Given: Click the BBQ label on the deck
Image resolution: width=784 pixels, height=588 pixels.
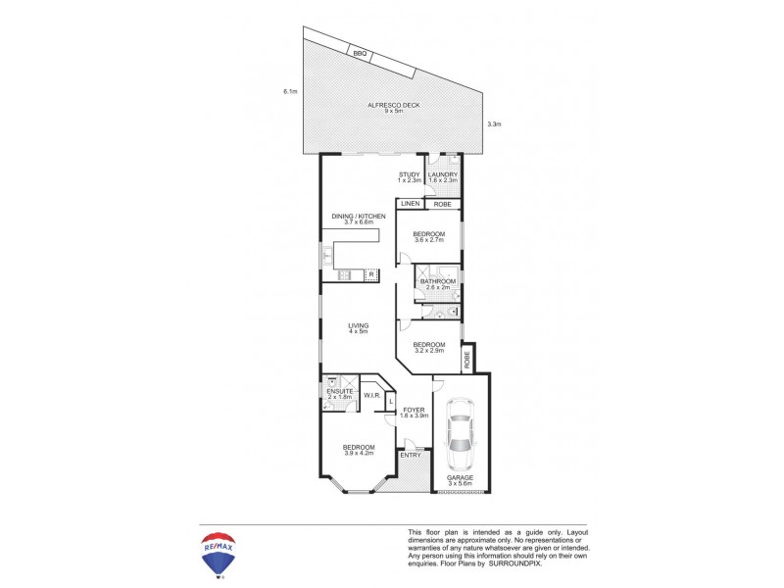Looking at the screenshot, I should tap(360, 54).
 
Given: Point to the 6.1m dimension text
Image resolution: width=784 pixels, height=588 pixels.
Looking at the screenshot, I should tap(289, 92).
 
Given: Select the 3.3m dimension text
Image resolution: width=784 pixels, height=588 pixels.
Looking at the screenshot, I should tap(494, 124).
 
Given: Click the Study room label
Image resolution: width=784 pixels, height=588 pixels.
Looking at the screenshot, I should tap(409, 177).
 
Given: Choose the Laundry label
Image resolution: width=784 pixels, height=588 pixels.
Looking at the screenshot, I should tap(443, 177).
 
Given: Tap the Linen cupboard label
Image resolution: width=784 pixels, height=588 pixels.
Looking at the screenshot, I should tap(410, 204).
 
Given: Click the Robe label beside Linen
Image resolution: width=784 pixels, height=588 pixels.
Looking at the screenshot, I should tap(442, 204).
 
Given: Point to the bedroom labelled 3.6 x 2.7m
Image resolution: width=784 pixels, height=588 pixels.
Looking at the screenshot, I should tap(429, 236).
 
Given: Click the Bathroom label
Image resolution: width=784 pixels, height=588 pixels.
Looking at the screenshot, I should tap(437, 284).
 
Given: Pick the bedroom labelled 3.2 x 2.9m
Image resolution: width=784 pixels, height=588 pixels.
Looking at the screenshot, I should tap(428, 347).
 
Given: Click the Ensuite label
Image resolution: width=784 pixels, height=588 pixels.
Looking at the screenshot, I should tap(339, 393).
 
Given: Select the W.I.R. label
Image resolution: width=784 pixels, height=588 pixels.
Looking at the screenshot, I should tap(371, 396).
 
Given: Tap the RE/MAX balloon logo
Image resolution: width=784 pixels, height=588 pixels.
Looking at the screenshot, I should tap(220, 553).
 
